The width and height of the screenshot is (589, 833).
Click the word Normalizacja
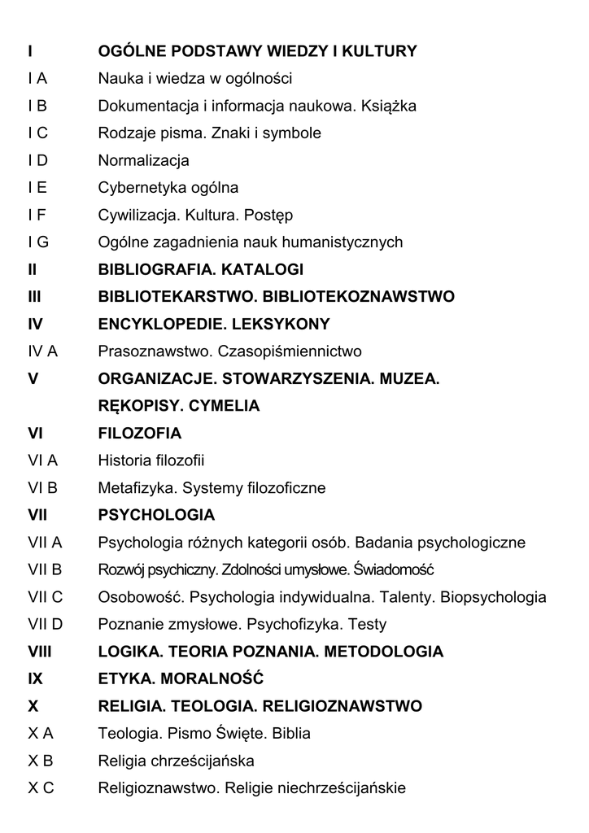coord(143,160)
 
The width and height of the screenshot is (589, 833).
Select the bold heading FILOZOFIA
coord(139,434)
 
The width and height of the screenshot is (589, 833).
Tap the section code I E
coord(37,188)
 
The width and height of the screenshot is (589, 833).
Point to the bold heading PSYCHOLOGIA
coord(156,516)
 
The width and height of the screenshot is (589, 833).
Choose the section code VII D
coord(45,625)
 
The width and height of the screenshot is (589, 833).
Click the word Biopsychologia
coord(493,597)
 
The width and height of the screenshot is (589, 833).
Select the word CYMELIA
coord(224,406)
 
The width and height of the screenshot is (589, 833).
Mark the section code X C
coord(41,788)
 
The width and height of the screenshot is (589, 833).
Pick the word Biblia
coord(290,734)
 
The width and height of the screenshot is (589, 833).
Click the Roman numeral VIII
coord(40,652)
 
